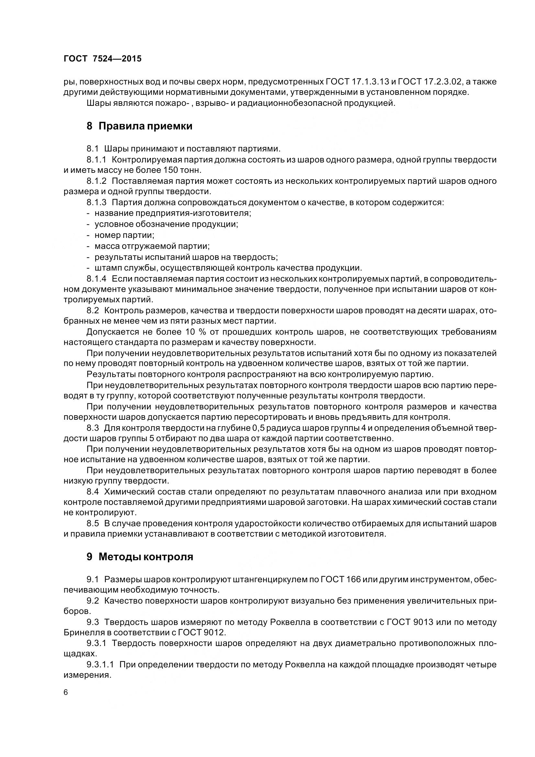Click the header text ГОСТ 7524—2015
pyautogui.click(x=103, y=59)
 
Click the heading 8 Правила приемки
pyautogui.click(x=139, y=126)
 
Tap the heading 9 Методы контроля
pyautogui.click(x=140, y=557)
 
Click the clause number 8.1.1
pyautogui.click(x=96, y=160)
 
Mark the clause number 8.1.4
pyautogui.click(x=96, y=279)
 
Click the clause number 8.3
pyautogui.click(x=93, y=428)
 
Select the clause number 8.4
pyautogui.click(x=93, y=492)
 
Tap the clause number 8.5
pyautogui.click(x=93, y=524)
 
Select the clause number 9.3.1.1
pyautogui.click(x=100, y=665)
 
